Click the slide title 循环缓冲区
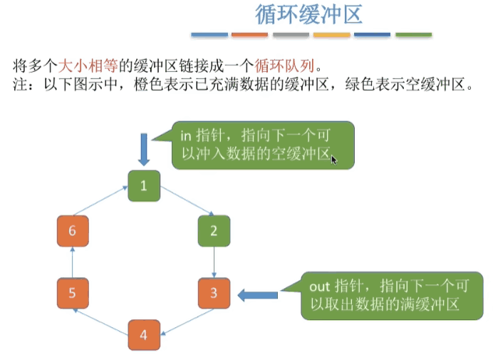click(308, 15)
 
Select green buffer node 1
click(143, 186)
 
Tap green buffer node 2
click(213, 230)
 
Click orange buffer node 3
click(213, 294)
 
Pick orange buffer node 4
click(143, 334)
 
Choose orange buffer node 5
click(71, 293)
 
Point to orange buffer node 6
click(71, 231)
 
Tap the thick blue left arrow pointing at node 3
click(257, 294)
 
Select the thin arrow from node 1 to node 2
click(186, 200)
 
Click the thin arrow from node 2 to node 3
click(214, 262)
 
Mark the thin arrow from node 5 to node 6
click(71, 262)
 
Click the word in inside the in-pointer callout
click(185, 134)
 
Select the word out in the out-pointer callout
click(319, 287)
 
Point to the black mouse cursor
click(334, 160)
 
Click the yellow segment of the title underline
click(331, 34)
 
